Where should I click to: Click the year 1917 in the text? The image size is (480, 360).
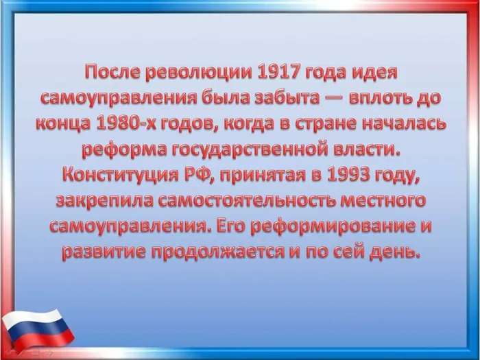[x=283, y=71]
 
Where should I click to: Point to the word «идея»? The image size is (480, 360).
[x=372, y=71]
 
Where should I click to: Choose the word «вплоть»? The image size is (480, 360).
[x=379, y=97]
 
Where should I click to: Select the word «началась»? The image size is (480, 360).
[x=404, y=123]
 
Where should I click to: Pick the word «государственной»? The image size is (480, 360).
[x=259, y=149]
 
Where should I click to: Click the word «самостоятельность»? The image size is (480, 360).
[x=254, y=200]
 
